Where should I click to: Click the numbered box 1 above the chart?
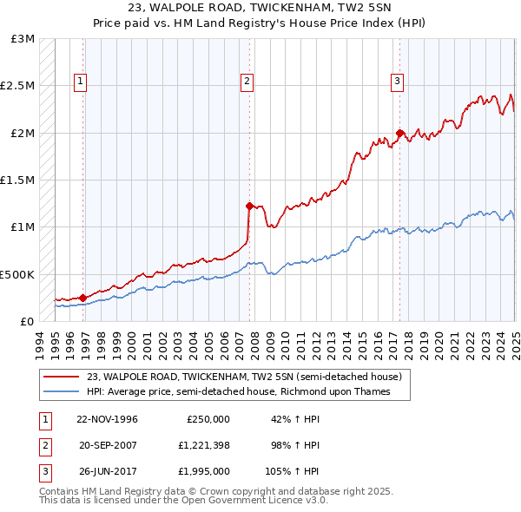(x=80, y=82)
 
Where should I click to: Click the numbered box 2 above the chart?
(x=247, y=82)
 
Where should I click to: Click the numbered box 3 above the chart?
(x=397, y=82)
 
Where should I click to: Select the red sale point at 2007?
(x=249, y=206)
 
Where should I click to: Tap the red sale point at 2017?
(x=399, y=133)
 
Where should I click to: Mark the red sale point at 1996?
(x=83, y=297)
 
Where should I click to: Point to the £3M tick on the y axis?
(x=23, y=39)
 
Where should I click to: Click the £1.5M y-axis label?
(x=18, y=181)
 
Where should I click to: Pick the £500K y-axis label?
(x=17, y=274)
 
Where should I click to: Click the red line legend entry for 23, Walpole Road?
(x=244, y=377)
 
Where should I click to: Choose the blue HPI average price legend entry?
(x=239, y=391)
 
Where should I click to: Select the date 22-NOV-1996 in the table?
(x=108, y=418)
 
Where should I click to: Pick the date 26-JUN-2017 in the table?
(x=108, y=472)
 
